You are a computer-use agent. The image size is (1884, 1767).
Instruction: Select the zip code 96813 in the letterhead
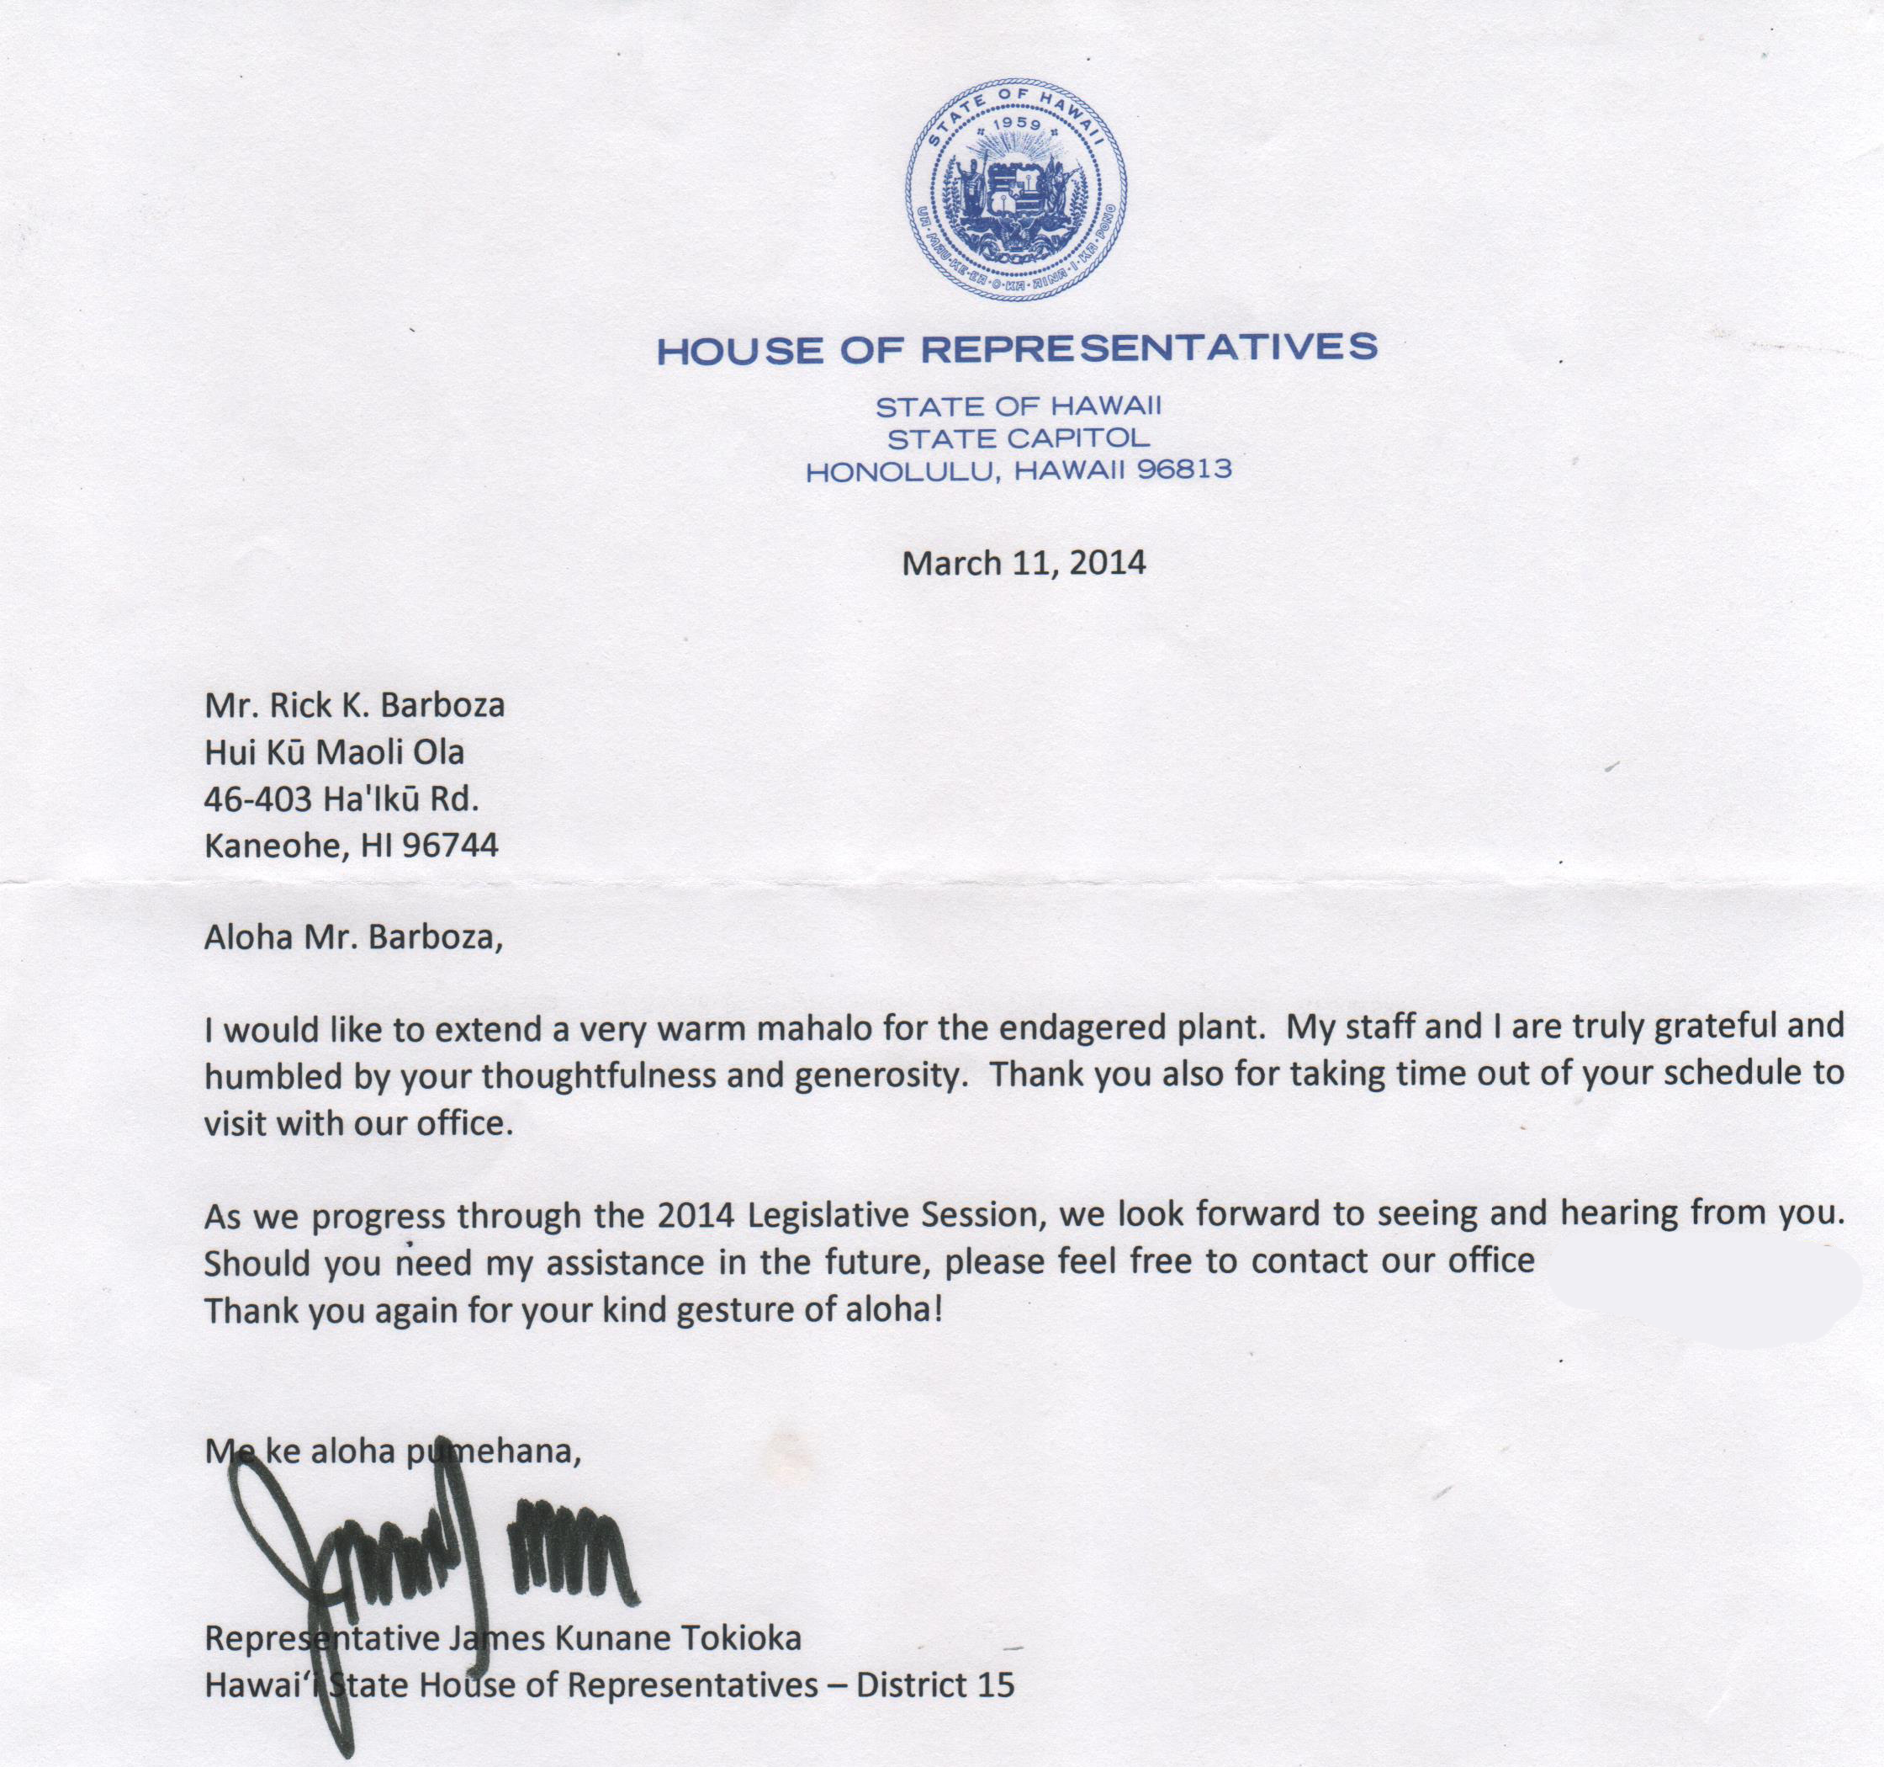(1184, 470)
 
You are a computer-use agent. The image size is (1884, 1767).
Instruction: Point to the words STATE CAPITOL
(1019, 438)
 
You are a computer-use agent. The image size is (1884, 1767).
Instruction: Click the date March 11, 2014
(1024, 563)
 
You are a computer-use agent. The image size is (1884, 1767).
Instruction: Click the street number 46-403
(257, 799)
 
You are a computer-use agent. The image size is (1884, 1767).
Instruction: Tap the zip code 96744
(450, 846)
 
